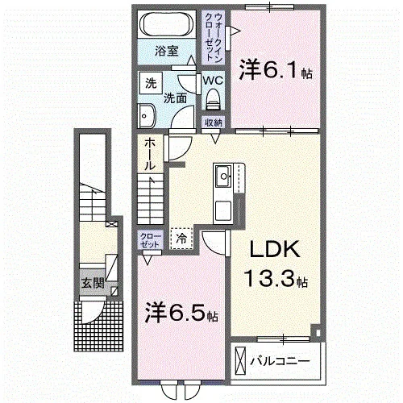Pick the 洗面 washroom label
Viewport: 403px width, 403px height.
(176, 99)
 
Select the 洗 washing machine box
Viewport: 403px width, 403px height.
(151, 83)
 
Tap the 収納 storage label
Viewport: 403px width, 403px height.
(213, 122)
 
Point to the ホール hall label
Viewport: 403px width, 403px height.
(150, 152)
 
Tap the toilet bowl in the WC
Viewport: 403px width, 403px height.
(213, 101)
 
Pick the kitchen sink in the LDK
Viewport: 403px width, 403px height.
(223, 175)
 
